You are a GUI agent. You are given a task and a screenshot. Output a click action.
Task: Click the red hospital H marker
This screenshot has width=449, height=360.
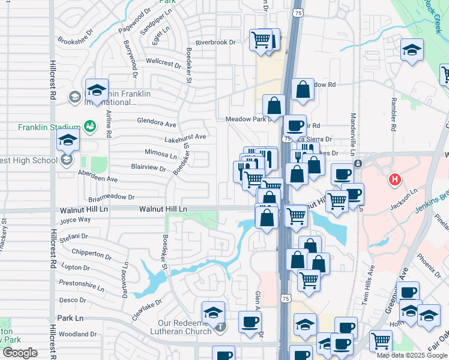394,179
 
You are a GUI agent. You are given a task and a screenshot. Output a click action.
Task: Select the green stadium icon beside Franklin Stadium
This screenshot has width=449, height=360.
89,126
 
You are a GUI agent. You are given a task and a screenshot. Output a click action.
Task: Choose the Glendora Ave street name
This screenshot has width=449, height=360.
157,123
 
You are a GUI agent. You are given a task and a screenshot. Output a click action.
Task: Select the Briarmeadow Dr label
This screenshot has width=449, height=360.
112,197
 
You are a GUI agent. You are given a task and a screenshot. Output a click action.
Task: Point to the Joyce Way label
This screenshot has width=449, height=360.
75,220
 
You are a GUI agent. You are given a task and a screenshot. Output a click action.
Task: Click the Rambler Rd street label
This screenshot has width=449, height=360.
393,118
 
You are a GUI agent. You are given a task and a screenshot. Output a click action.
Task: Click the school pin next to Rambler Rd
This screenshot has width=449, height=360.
412,50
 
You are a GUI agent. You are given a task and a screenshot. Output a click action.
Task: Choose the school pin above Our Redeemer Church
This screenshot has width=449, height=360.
214,313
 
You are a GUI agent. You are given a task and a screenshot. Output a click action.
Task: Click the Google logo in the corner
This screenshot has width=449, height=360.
20,353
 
